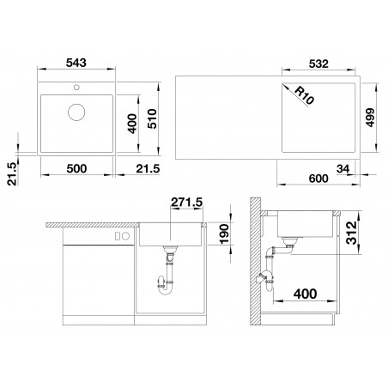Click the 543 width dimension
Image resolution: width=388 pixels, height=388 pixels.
(x=76, y=63)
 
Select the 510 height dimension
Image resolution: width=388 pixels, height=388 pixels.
(x=152, y=118)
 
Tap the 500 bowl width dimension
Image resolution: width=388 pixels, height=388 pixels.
(x=76, y=168)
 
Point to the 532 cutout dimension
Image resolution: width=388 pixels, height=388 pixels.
(x=318, y=64)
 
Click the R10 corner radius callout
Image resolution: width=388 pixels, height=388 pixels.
(x=304, y=95)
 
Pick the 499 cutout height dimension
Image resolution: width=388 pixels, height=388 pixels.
(x=370, y=118)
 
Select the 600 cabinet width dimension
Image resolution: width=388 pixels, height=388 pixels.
(x=318, y=179)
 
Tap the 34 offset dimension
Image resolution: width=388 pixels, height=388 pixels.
(x=343, y=169)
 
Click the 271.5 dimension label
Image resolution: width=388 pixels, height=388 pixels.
(x=186, y=202)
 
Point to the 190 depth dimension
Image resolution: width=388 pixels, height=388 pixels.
(x=225, y=234)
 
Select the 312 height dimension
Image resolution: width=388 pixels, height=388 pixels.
(x=352, y=233)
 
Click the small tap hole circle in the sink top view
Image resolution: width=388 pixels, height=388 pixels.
(x=76, y=87)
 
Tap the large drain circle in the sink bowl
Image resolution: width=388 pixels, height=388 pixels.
(x=76, y=112)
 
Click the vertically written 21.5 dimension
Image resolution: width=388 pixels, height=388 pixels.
(x=12, y=174)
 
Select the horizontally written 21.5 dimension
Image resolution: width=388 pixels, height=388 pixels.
(x=148, y=168)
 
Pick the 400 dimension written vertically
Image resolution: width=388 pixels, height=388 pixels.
(x=132, y=124)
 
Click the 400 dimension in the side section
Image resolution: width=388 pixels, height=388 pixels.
(x=306, y=294)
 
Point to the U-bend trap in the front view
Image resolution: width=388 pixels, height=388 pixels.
(x=166, y=288)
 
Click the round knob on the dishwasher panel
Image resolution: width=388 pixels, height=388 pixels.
(x=126, y=236)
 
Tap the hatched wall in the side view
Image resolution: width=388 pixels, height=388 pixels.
(x=255, y=261)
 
